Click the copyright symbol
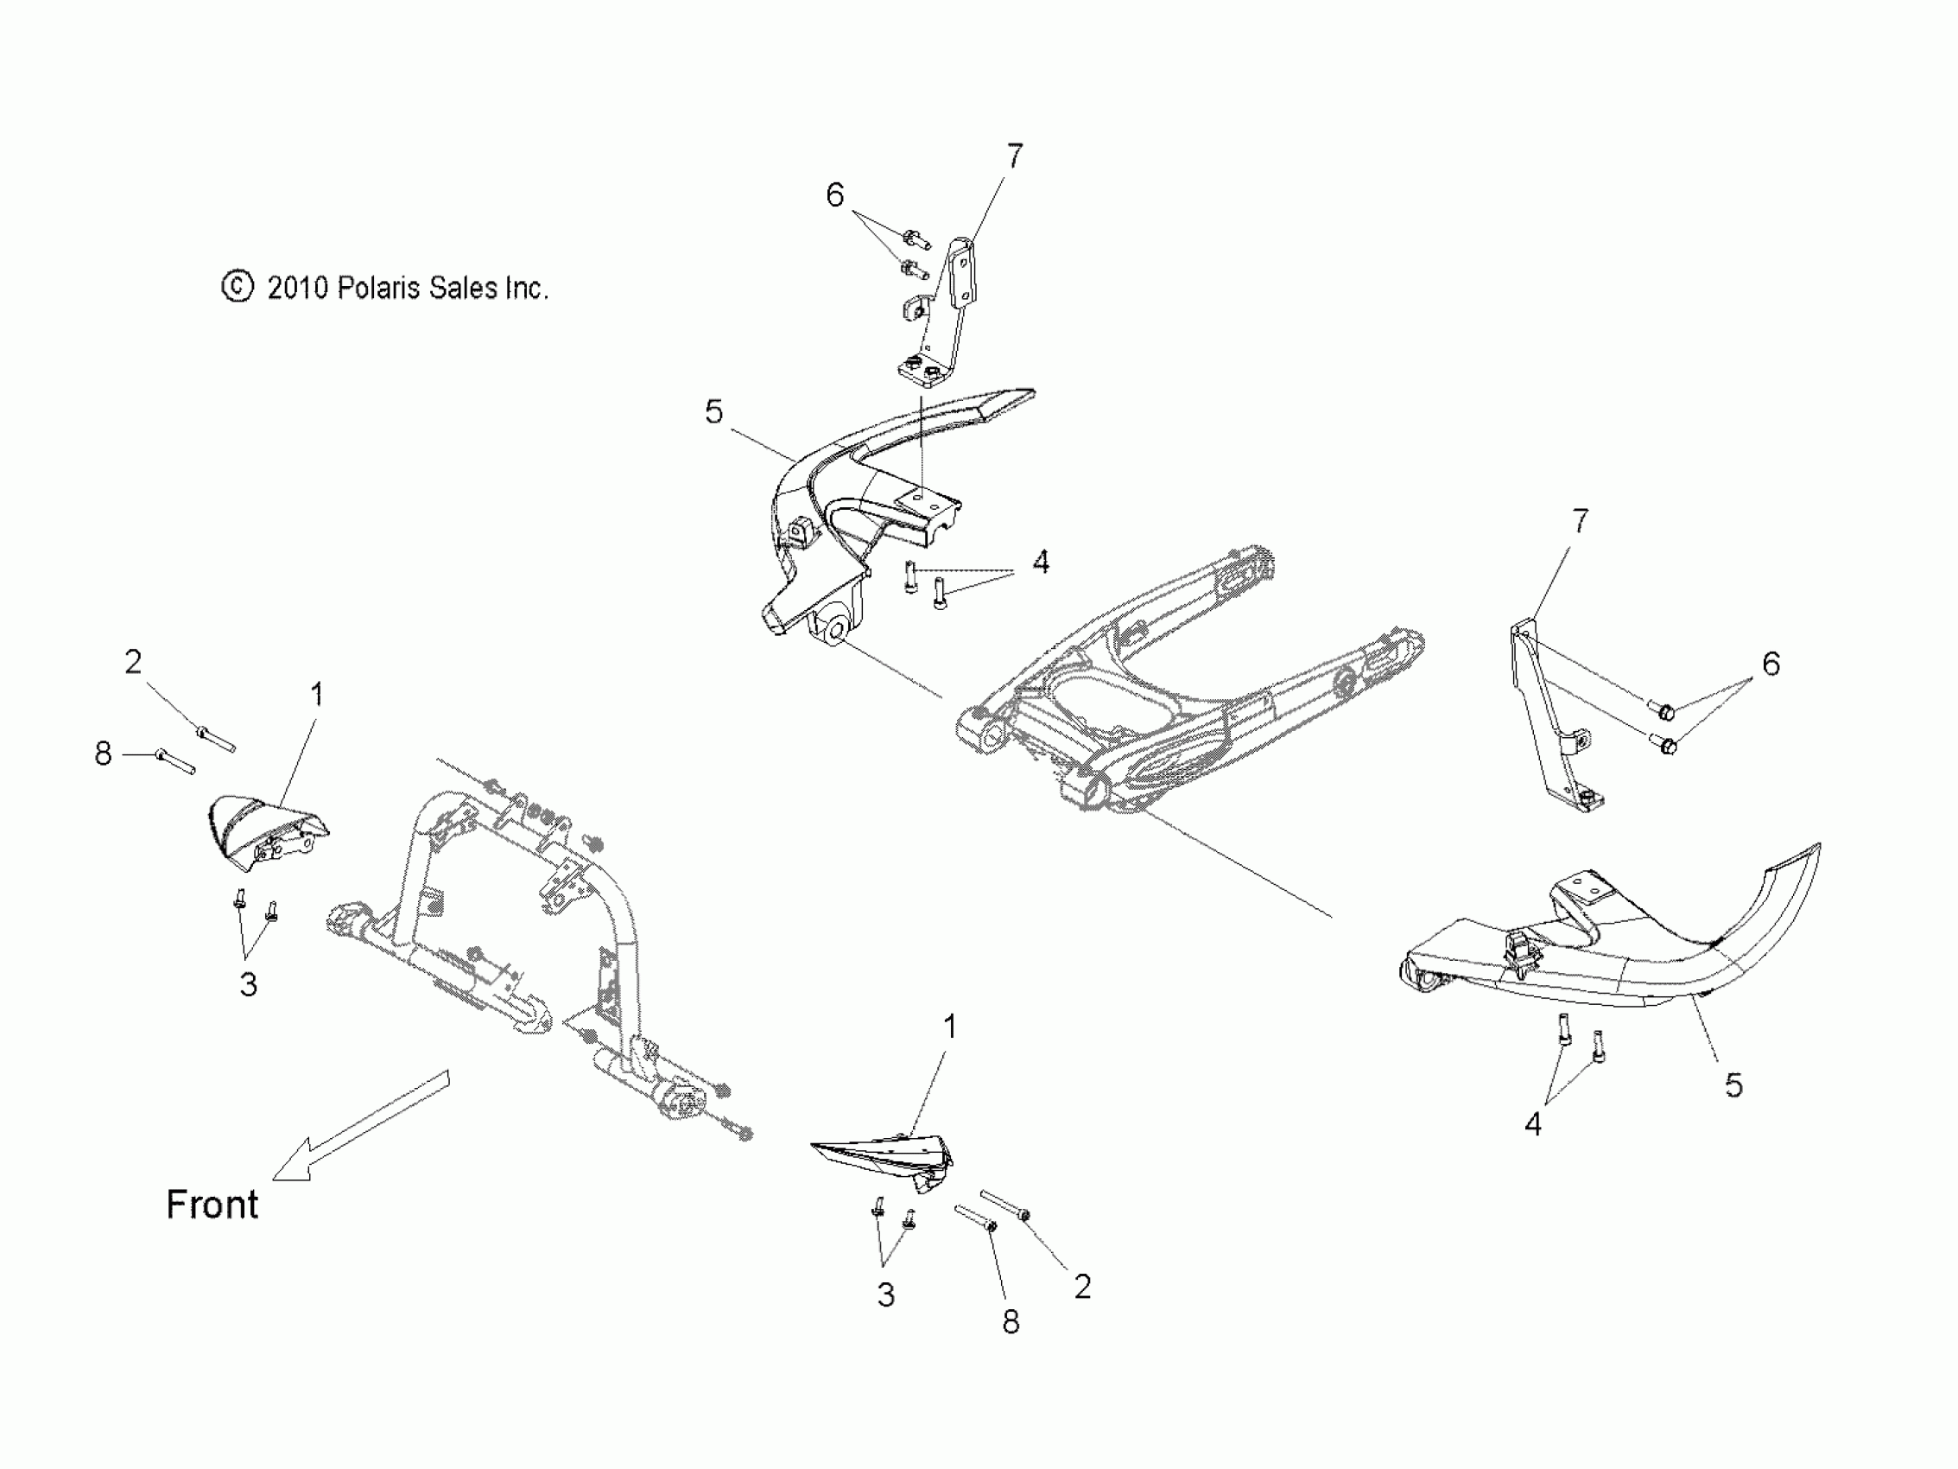click(x=237, y=287)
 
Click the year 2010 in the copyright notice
click(x=297, y=288)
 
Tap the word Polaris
click(x=378, y=288)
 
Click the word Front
click(x=212, y=1205)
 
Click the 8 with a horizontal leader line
click(x=104, y=754)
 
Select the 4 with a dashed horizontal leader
click(x=1041, y=562)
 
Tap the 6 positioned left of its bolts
click(x=834, y=194)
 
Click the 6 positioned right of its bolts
click(x=1771, y=664)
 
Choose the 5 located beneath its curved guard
click(x=1734, y=1085)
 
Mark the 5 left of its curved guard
click(x=713, y=411)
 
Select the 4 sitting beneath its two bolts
click(x=1533, y=1124)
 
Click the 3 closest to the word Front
click(x=249, y=984)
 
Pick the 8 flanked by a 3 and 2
click(x=1011, y=1322)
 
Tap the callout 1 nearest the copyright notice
click(x=317, y=695)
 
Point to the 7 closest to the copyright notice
click(x=1014, y=156)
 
